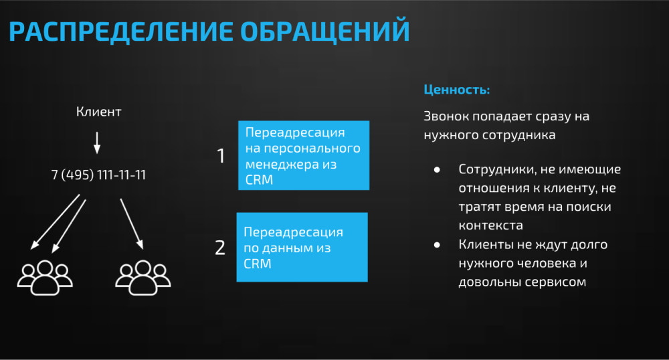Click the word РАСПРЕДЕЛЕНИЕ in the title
tap(120, 31)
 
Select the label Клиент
tap(98, 112)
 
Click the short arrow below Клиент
tap(97, 143)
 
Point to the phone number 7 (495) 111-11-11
tap(98, 175)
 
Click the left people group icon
tap(45, 278)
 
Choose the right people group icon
tap(143, 278)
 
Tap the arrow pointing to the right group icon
tap(131, 223)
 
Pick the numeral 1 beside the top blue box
tap(221, 156)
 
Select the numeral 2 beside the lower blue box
tap(219, 248)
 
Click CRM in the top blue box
tap(259, 180)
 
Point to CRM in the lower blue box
tap(258, 264)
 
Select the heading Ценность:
tap(456, 90)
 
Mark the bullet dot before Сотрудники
tap(437, 170)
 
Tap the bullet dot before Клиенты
tap(437, 245)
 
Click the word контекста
tap(490, 226)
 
